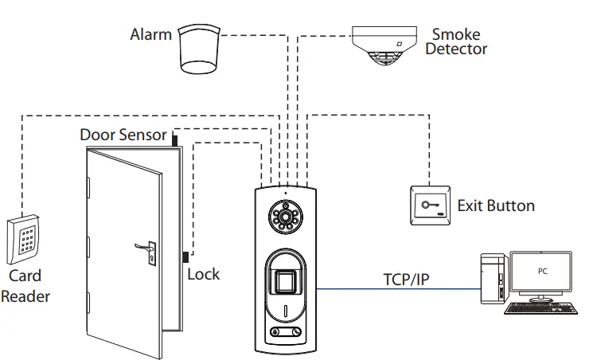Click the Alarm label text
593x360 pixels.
tap(150, 34)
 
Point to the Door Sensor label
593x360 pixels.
tap(123, 135)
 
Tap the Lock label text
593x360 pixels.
tap(203, 274)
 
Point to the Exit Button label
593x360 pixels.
tap(495, 206)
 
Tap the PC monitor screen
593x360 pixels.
tap(540, 274)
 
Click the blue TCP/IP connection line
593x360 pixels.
tap(398, 290)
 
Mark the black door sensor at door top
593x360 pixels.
tap(174, 139)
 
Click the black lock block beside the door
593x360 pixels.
tap(185, 258)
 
